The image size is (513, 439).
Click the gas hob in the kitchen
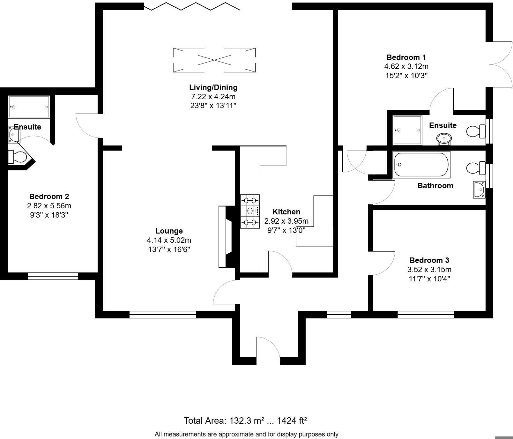250,211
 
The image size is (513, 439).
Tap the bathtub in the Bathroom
421,165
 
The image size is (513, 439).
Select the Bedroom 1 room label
406,57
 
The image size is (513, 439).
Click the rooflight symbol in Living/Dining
214,60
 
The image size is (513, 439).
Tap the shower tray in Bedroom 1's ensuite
407,130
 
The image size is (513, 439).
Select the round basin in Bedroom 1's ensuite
444,138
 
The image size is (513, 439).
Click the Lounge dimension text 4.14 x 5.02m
169,240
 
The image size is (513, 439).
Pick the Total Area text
245,420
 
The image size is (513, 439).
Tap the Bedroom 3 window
426,315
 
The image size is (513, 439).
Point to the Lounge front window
162,315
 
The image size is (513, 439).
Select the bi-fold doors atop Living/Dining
192,6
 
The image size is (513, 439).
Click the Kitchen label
286,212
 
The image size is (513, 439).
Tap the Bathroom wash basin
479,190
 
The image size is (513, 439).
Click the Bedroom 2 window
53,276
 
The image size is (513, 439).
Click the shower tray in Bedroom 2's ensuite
29,107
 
